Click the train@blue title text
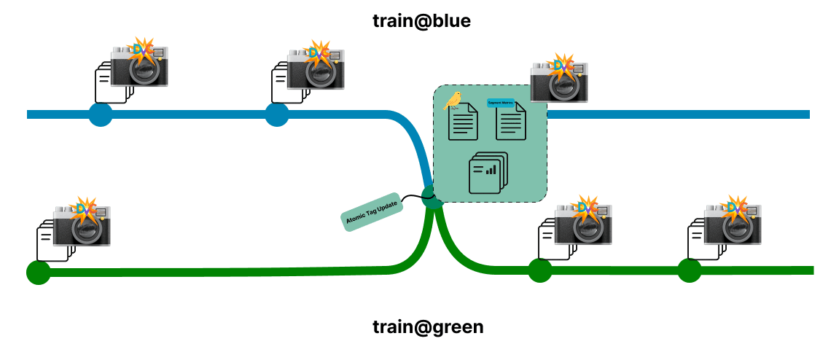point(422,21)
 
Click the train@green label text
point(428,326)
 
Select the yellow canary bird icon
point(456,100)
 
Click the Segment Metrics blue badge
point(501,103)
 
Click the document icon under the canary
point(462,122)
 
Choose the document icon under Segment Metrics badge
point(510,122)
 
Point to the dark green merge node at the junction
point(433,198)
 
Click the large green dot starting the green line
point(38,273)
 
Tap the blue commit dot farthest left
point(101,114)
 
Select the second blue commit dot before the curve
point(277,114)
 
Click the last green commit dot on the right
point(689,270)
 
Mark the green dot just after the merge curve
point(539,270)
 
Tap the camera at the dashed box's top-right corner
point(559,78)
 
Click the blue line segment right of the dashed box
point(678,114)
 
